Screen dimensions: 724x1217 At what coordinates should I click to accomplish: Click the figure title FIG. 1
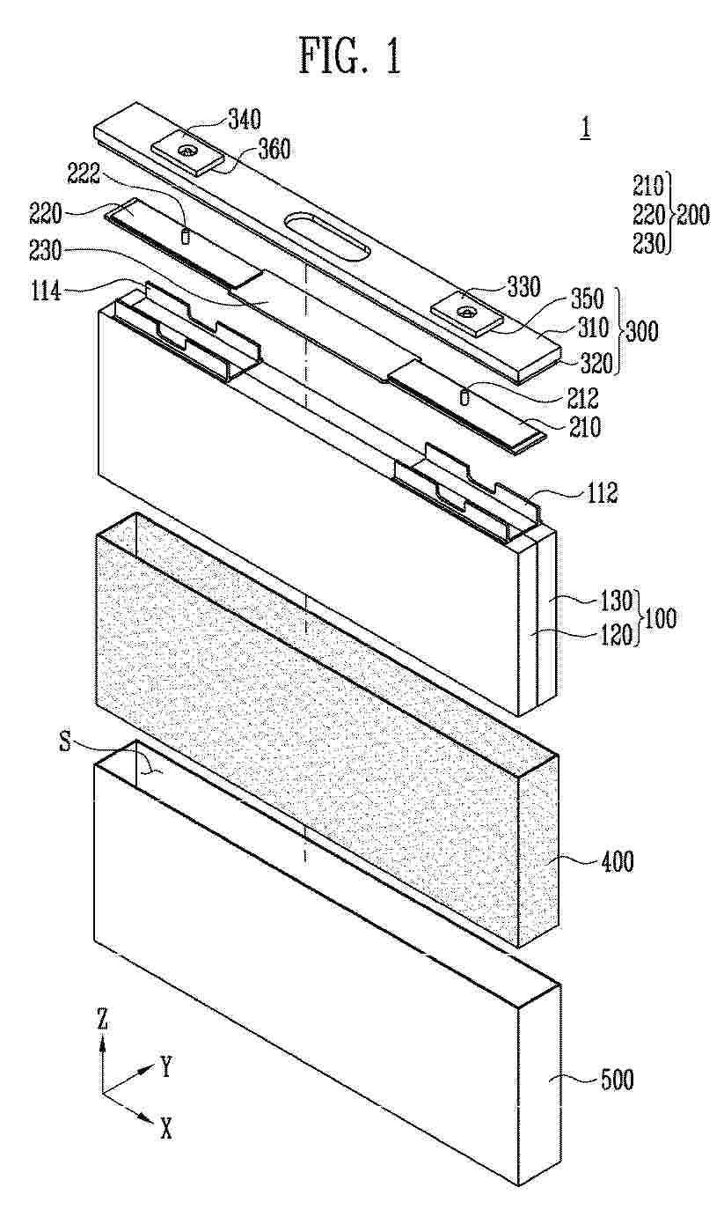350,56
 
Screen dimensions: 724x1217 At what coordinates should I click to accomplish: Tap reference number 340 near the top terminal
245,120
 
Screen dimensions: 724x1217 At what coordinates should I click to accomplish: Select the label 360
274,150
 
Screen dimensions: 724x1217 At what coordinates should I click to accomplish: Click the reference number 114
46,293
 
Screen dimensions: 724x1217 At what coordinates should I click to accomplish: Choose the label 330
523,287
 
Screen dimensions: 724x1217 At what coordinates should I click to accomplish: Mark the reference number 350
588,299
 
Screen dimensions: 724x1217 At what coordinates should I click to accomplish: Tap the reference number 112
603,493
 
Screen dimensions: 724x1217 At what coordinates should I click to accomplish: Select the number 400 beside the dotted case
617,862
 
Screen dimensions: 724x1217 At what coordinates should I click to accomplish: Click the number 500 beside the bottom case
617,1081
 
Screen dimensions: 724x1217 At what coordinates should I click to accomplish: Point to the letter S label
65,741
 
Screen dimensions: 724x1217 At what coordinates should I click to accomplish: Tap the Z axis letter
102,1021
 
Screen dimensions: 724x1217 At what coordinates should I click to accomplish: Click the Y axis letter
165,1067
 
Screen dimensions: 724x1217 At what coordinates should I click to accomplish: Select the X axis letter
165,1130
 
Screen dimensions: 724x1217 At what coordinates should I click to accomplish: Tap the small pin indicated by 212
464,396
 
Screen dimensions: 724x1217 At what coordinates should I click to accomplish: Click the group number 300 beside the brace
642,330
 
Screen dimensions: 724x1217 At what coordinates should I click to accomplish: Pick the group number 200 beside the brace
693,215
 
